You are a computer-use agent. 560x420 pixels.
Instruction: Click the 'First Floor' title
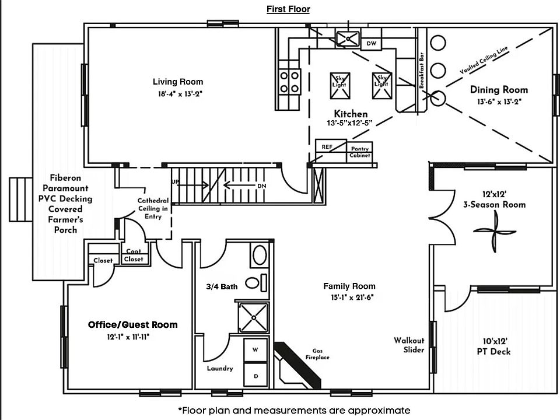(x=288, y=9)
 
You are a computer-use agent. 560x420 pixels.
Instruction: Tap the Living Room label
(x=178, y=82)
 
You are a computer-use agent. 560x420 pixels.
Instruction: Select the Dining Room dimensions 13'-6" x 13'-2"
(x=499, y=101)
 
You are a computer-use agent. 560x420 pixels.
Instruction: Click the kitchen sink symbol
(x=349, y=38)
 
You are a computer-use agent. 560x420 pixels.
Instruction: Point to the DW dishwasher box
(x=372, y=44)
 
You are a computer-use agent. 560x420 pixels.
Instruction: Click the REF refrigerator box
(x=327, y=147)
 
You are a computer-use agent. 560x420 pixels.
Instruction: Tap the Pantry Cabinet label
(x=360, y=153)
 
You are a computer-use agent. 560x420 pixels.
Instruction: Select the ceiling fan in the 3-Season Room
(x=494, y=232)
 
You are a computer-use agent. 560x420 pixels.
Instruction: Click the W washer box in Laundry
(x=255, y=350)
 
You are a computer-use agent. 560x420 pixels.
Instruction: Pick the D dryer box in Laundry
(x=255, y=376)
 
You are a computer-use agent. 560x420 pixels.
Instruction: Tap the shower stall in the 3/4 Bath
(x=254, y=318)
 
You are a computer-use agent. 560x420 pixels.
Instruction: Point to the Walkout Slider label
(x=409, y=345)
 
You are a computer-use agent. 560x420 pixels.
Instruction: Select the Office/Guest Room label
(x=132, y=324)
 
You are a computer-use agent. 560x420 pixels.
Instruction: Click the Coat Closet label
(x=134, y=256)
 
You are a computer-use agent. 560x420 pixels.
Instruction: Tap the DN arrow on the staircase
(x=245, y=186)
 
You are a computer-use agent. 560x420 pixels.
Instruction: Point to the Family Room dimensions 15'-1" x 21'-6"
(x=349, y=297)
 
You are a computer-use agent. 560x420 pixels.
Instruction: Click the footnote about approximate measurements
(x=294, y=410)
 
